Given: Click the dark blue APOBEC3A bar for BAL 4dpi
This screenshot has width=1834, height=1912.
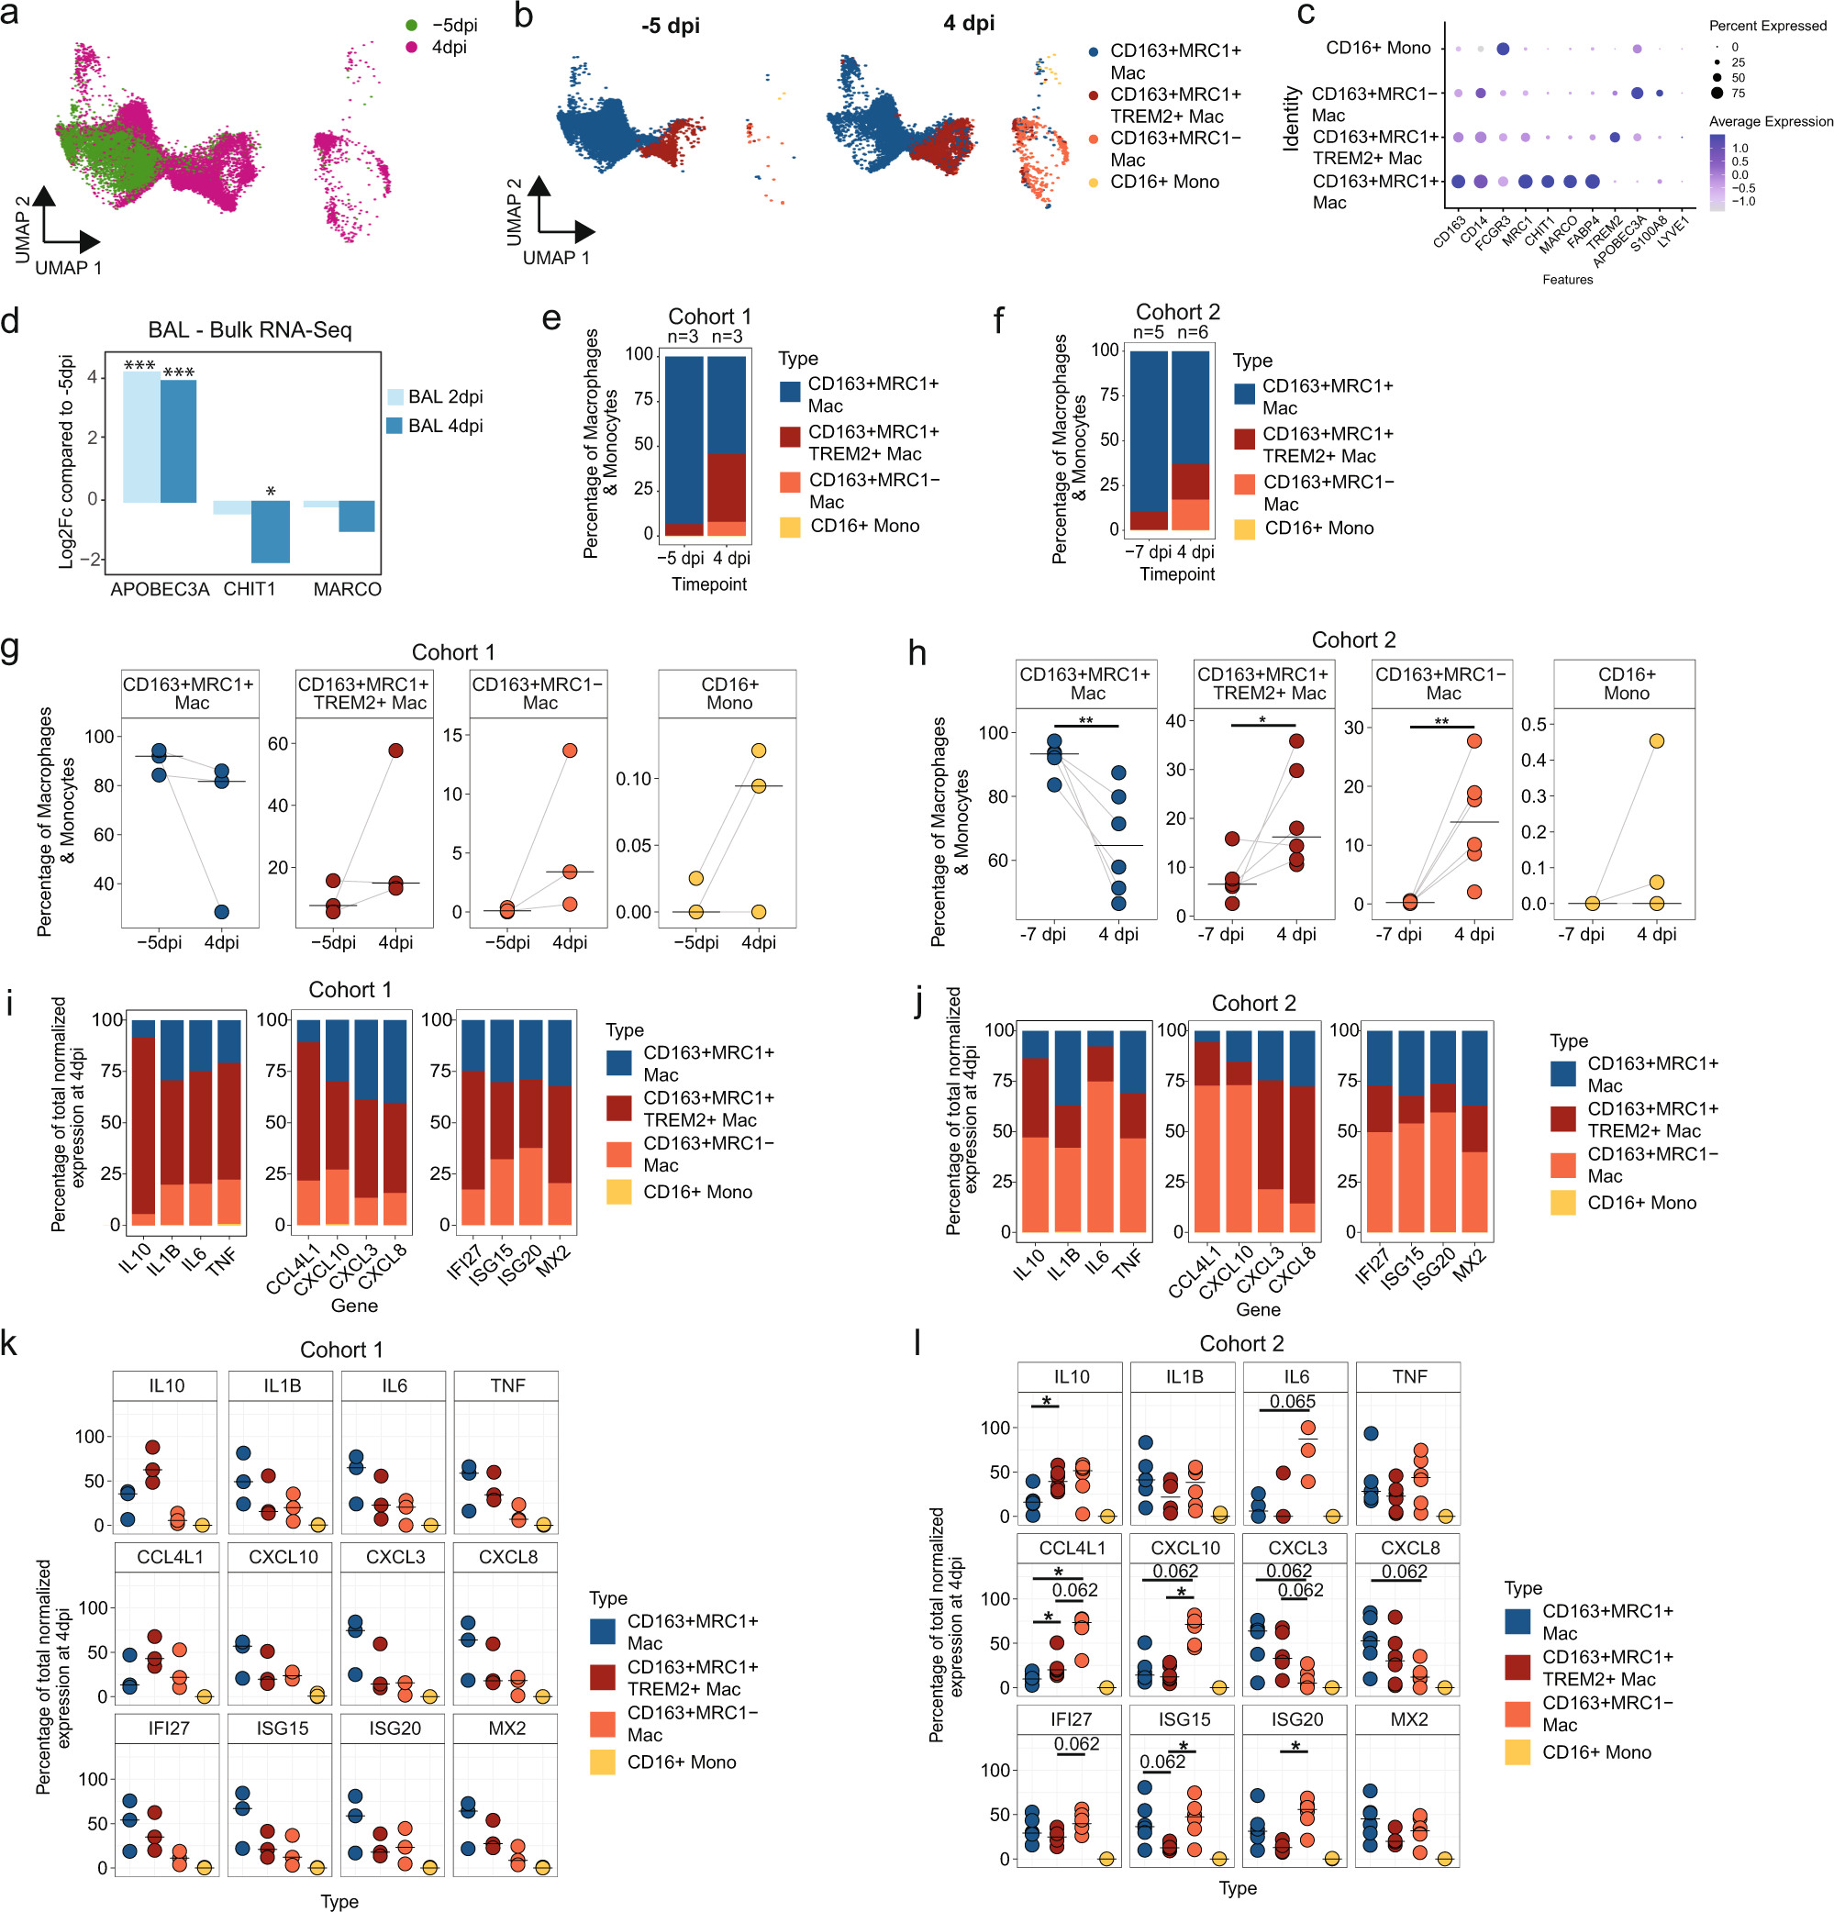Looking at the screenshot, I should pos(178,441).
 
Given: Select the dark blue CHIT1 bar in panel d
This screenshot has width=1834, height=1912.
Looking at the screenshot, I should pos(271,531).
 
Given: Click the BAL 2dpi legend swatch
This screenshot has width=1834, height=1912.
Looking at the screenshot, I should pos(395,397).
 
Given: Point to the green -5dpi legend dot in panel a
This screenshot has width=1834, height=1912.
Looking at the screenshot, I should pos(412,26).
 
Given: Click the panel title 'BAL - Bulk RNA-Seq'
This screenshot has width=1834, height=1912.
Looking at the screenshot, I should pos(250,329).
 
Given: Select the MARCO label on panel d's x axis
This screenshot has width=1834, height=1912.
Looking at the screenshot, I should pos(348,589).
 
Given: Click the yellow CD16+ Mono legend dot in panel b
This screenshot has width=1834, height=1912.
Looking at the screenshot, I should pos(1093,183).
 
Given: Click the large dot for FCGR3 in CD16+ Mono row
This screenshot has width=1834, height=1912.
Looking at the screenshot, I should pos(1502,49).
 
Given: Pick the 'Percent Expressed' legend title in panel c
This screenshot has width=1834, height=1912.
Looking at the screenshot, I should pos(1768,26).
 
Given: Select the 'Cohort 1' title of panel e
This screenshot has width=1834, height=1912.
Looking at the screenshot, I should pos(709,316).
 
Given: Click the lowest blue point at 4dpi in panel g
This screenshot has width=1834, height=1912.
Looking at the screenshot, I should pos(221,911).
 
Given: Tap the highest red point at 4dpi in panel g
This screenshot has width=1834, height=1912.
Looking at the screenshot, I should pos(395,750).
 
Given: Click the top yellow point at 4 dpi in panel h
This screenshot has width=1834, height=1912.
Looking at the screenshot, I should pos(1656,741).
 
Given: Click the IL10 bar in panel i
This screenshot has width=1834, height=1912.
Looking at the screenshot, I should pos(143,1122).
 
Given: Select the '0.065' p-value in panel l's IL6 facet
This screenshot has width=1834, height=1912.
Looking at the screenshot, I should pos(1293,1402).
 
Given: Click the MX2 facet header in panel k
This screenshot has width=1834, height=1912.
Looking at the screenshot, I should pos(506,1728).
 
